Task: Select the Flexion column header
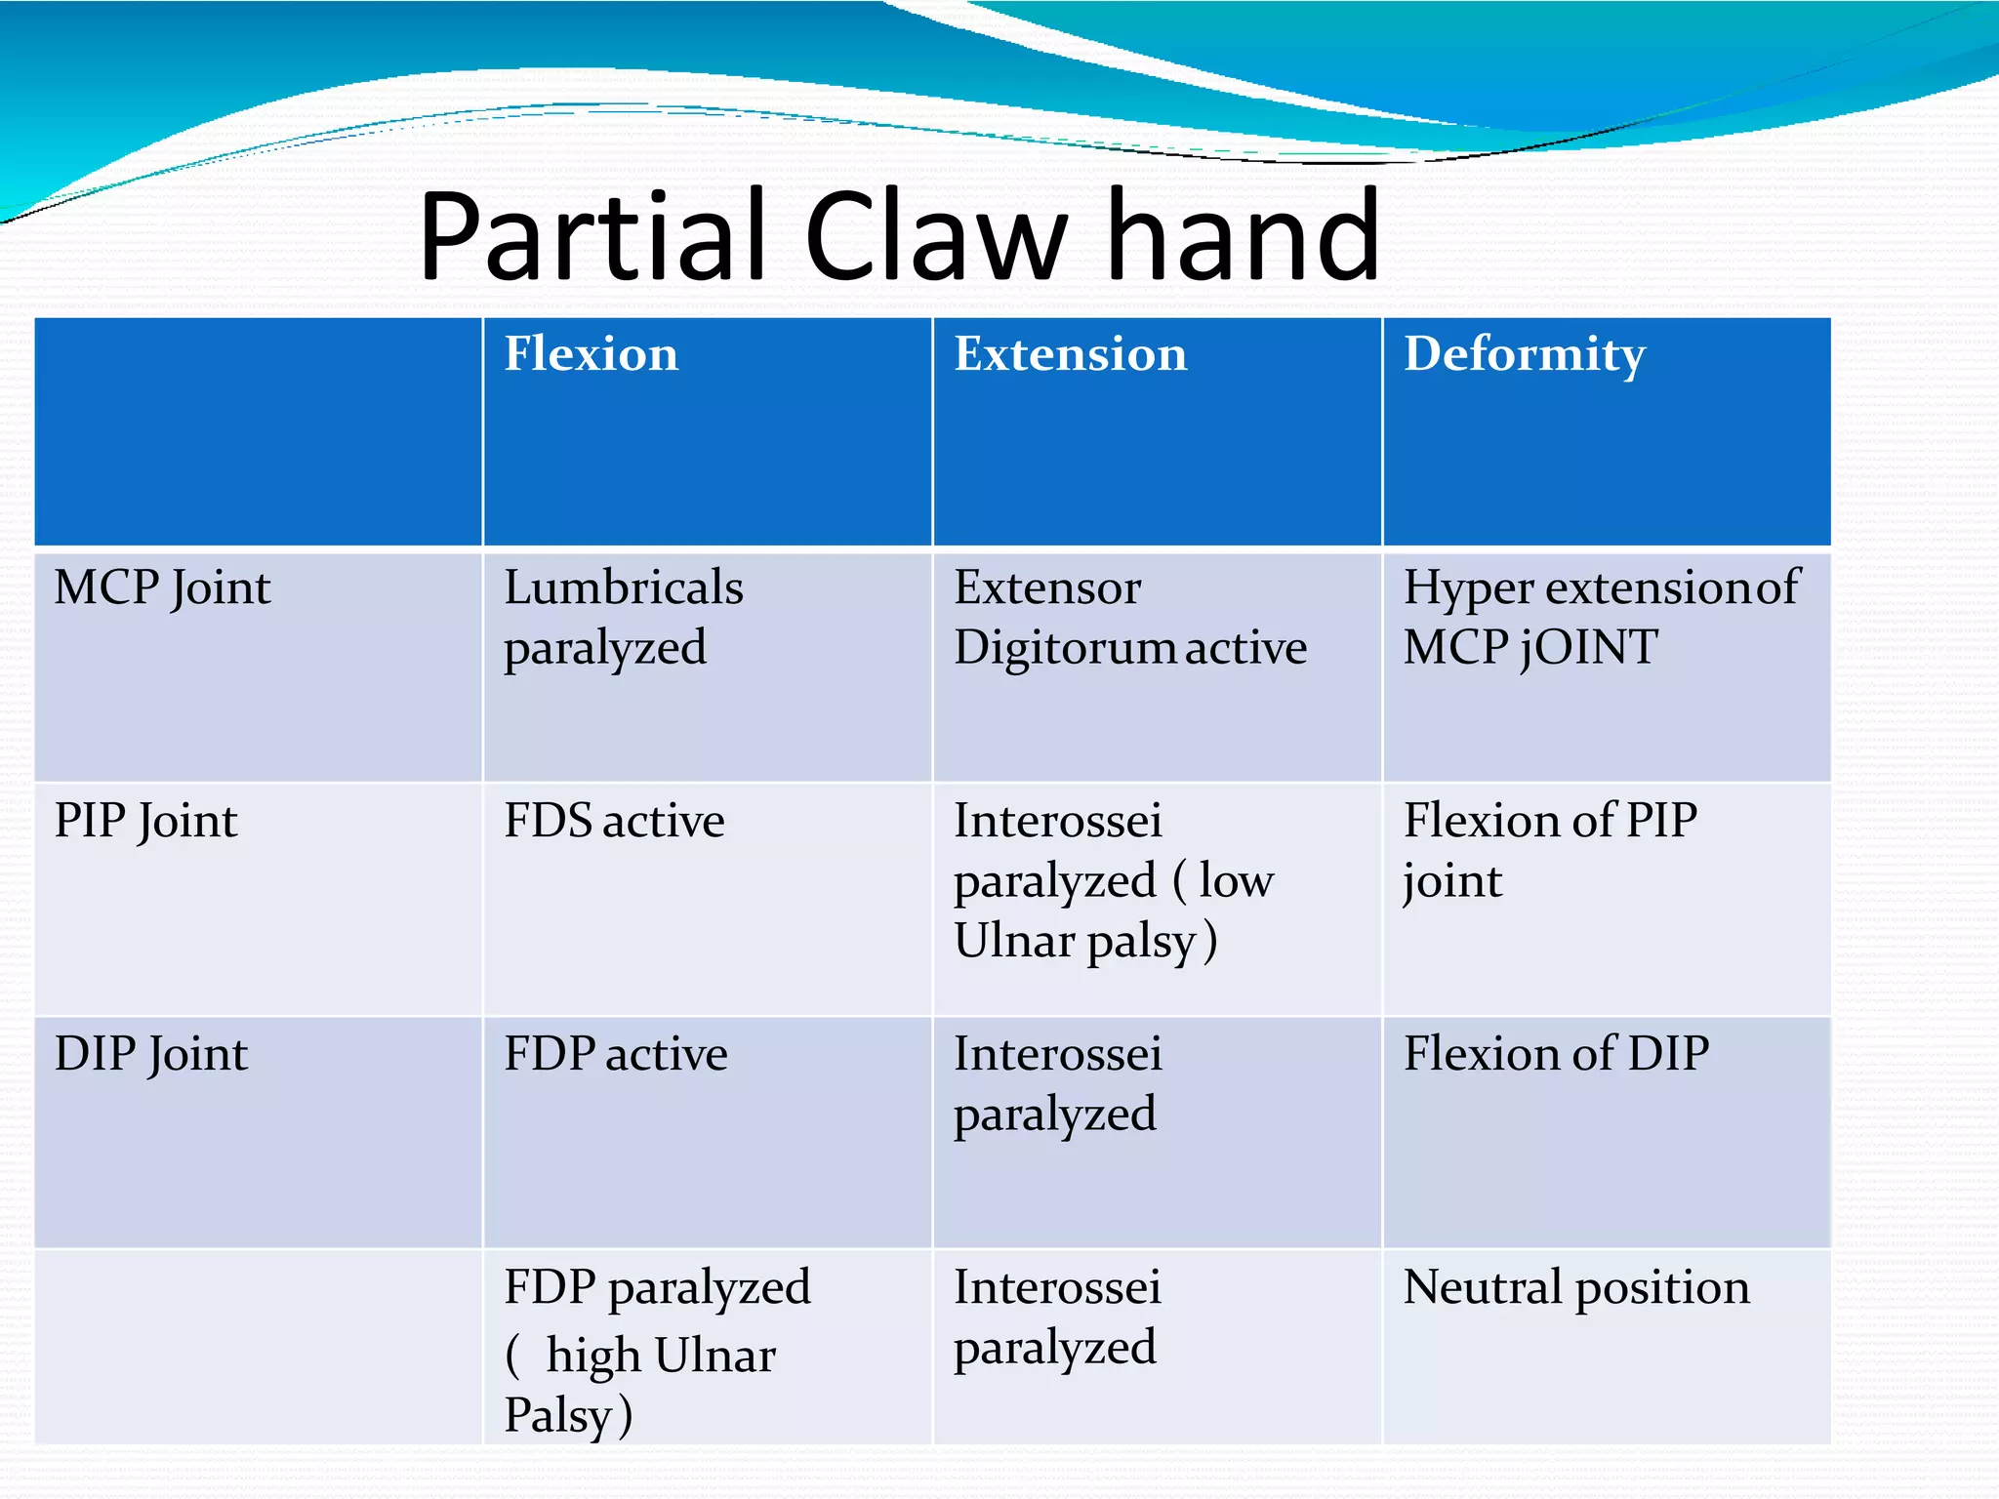(591, 353)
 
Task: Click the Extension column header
(1070, 353)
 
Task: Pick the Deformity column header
(1524, 353)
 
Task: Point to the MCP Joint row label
(162, 588)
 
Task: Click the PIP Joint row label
(145, 821)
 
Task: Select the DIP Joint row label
(151, 1055)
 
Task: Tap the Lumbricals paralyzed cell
(623, 618)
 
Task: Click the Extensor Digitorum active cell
(1129, 618)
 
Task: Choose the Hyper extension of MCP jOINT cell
(1601, 618)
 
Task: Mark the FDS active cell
(614, 821)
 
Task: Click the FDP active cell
(615, 1055)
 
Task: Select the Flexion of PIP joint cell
(1550, 850)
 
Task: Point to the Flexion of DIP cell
(1556, 1055)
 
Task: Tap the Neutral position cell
(1575, 1287)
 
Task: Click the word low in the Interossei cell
(1236, 881)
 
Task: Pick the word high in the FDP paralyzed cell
(592, 1357)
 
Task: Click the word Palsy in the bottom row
(556, 1415)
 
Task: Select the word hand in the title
(1244, 236)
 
